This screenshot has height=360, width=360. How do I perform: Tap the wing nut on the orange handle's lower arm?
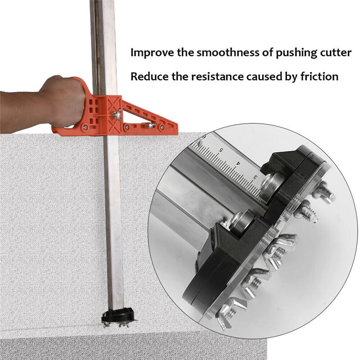[153, 126]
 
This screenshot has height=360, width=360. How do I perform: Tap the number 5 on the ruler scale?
[221, 149]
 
